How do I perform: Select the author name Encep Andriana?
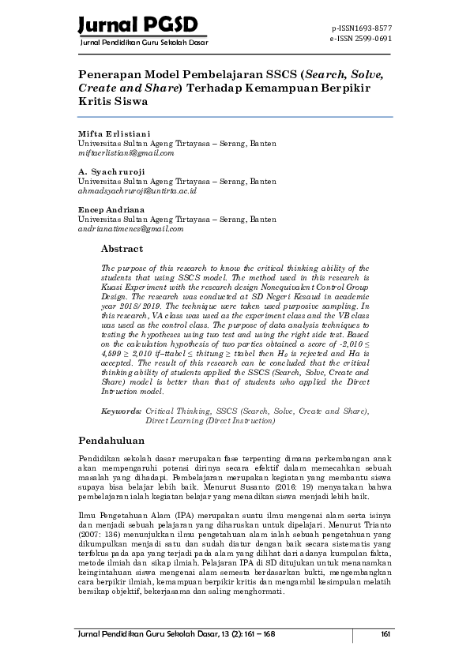pos(111,209)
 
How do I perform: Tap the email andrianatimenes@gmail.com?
pos(130,228)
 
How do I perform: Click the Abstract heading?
pos(122,249)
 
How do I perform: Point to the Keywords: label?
pos(122,411)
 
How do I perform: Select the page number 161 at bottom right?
pos(385,634)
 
